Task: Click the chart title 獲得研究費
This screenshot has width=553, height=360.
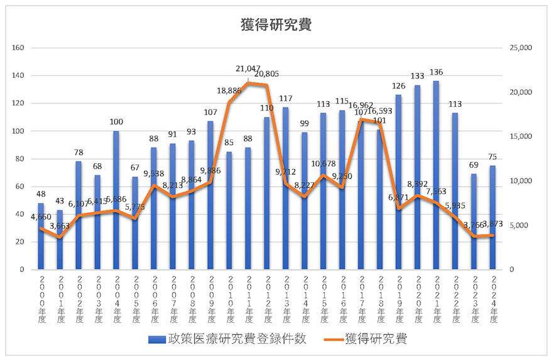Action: [276, 25]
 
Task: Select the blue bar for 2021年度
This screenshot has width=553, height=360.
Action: [436, 176]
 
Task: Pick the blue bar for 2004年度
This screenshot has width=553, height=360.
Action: [116, 201]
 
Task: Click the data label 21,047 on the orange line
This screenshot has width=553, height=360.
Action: [248, 69]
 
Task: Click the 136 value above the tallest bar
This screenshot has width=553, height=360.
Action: [436, 71]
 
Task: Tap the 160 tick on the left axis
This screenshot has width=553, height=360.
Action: [18, 48]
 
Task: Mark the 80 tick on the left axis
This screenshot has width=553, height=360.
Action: [19, 159]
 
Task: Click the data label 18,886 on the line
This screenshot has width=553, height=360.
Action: [229, 90]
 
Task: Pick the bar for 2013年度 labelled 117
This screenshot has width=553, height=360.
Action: [286, 188]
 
